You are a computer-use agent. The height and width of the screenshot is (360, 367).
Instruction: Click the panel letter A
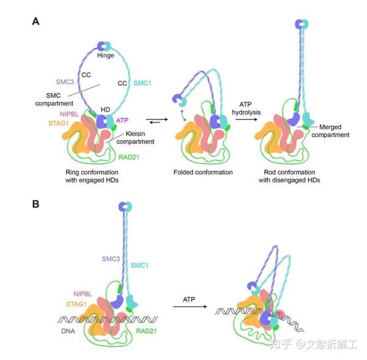(x=36, y=21)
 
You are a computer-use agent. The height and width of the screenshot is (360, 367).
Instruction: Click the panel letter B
(x=36, y=202)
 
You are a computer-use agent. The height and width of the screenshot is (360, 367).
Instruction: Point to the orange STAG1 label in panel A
(x=59, y=123)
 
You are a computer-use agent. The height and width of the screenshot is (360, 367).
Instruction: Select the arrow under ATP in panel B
(x=189, y=309)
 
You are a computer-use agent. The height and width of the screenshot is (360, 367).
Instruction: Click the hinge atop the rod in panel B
(x=126, y=207)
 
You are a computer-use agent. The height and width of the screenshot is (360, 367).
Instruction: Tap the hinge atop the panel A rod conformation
(x=302, y=23)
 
